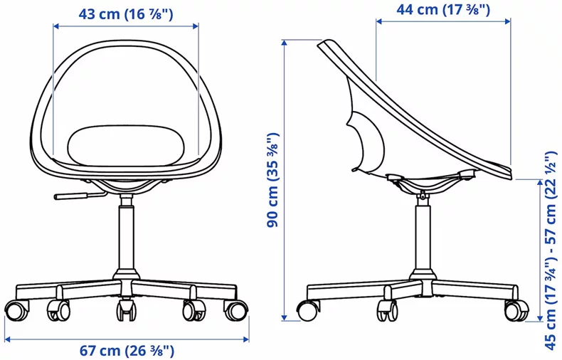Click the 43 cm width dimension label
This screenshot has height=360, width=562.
(125, 14)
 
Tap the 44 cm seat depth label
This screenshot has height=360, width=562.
(443, 10)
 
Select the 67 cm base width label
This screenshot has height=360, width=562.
(127, 350)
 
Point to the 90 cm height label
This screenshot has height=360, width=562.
(272, 179)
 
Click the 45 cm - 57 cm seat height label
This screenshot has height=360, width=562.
(551, 251)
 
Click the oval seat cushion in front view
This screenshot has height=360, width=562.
(127, 145)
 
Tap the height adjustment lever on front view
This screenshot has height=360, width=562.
(80, 196)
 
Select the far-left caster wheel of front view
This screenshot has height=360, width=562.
(16, 311)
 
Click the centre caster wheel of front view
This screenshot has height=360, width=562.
(127, 309)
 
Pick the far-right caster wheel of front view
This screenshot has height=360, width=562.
(236, 311)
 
